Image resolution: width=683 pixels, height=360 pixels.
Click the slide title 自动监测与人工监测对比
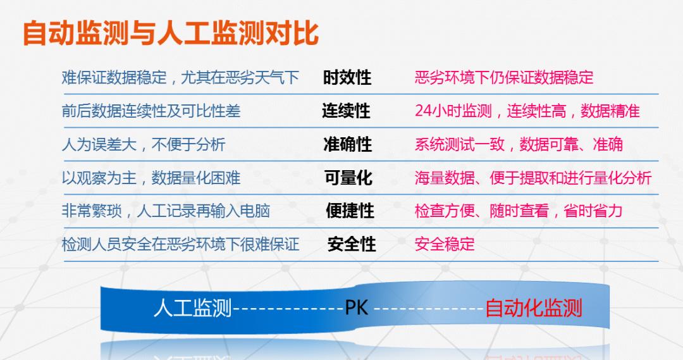tap(171, 33)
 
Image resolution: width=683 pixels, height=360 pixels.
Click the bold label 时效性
tap(347, 78)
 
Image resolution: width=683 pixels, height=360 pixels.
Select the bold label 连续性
tap(346, 111)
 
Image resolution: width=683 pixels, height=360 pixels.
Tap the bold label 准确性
tap(348, 144)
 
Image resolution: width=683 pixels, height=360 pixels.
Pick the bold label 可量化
tap(348, 178)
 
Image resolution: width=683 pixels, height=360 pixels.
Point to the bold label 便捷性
tap(350, 211)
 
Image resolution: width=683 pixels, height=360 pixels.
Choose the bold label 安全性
tap(352, 244)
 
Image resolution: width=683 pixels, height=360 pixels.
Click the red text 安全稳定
tap(445, 244)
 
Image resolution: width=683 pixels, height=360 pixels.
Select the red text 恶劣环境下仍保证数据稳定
tap(504, 78)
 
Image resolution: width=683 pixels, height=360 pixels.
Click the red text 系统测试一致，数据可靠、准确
tap(519, 144)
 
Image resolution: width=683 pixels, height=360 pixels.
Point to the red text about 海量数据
tap(532, 178)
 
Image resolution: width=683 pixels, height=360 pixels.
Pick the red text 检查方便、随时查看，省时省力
tap(519, 211)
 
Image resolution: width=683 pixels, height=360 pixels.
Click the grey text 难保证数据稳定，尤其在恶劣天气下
tap(180, 78)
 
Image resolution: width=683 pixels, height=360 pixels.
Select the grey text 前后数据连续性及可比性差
tap(151, 111)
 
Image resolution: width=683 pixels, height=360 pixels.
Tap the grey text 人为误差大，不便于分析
tap(144, 144)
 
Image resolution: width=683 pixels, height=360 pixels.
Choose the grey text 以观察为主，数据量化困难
tap(151, 178)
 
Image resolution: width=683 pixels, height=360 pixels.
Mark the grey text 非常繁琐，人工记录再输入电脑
tap(166, 211)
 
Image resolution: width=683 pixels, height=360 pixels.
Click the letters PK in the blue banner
tap(357, 309)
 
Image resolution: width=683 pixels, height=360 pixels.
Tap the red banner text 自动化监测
tap(533, 308)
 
